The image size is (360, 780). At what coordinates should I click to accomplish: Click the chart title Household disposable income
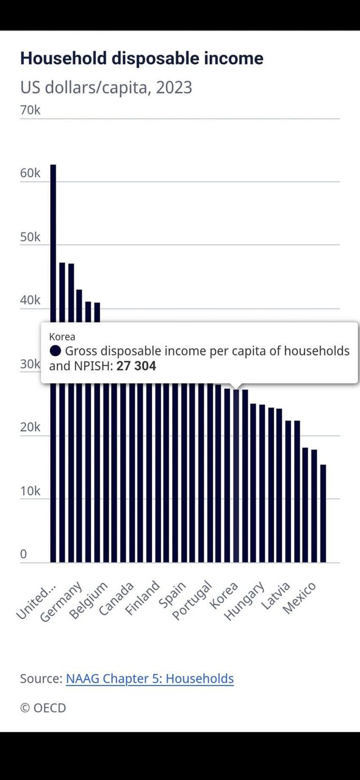tap(141, 59)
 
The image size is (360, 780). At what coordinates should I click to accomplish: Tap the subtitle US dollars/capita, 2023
tap(106, 88)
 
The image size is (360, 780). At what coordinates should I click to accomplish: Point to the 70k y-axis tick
tap(30, 110)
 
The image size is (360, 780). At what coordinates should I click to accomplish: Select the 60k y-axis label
tap(30, 173)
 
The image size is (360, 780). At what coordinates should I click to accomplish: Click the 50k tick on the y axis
tap(30, 237)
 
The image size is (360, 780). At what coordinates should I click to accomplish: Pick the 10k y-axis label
tap(30, 491)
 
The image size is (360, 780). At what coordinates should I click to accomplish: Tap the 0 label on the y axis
tap(24, 554)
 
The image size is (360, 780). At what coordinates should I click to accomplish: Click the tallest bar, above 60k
tap(53, 253)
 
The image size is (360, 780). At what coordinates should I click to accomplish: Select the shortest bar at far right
tap(323, 512)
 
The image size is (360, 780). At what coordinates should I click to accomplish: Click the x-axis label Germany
tap(62, 602)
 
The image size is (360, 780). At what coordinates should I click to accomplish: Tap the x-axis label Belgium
tap(89, 601)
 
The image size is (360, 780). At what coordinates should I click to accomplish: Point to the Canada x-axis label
tap(116, 599)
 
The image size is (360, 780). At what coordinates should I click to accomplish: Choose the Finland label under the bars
tap(143, 598)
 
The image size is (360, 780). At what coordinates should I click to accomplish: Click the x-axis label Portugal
tap(193, 600)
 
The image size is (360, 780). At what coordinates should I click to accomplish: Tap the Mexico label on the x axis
tap(299, 598)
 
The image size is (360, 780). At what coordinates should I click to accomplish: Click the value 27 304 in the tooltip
tap(136, 366)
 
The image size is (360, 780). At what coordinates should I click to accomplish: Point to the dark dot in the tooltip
tap(55, 351)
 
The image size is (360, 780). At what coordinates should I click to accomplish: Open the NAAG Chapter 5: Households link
tap(150, 679)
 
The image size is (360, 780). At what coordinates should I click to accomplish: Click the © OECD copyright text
tap(43, 708)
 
